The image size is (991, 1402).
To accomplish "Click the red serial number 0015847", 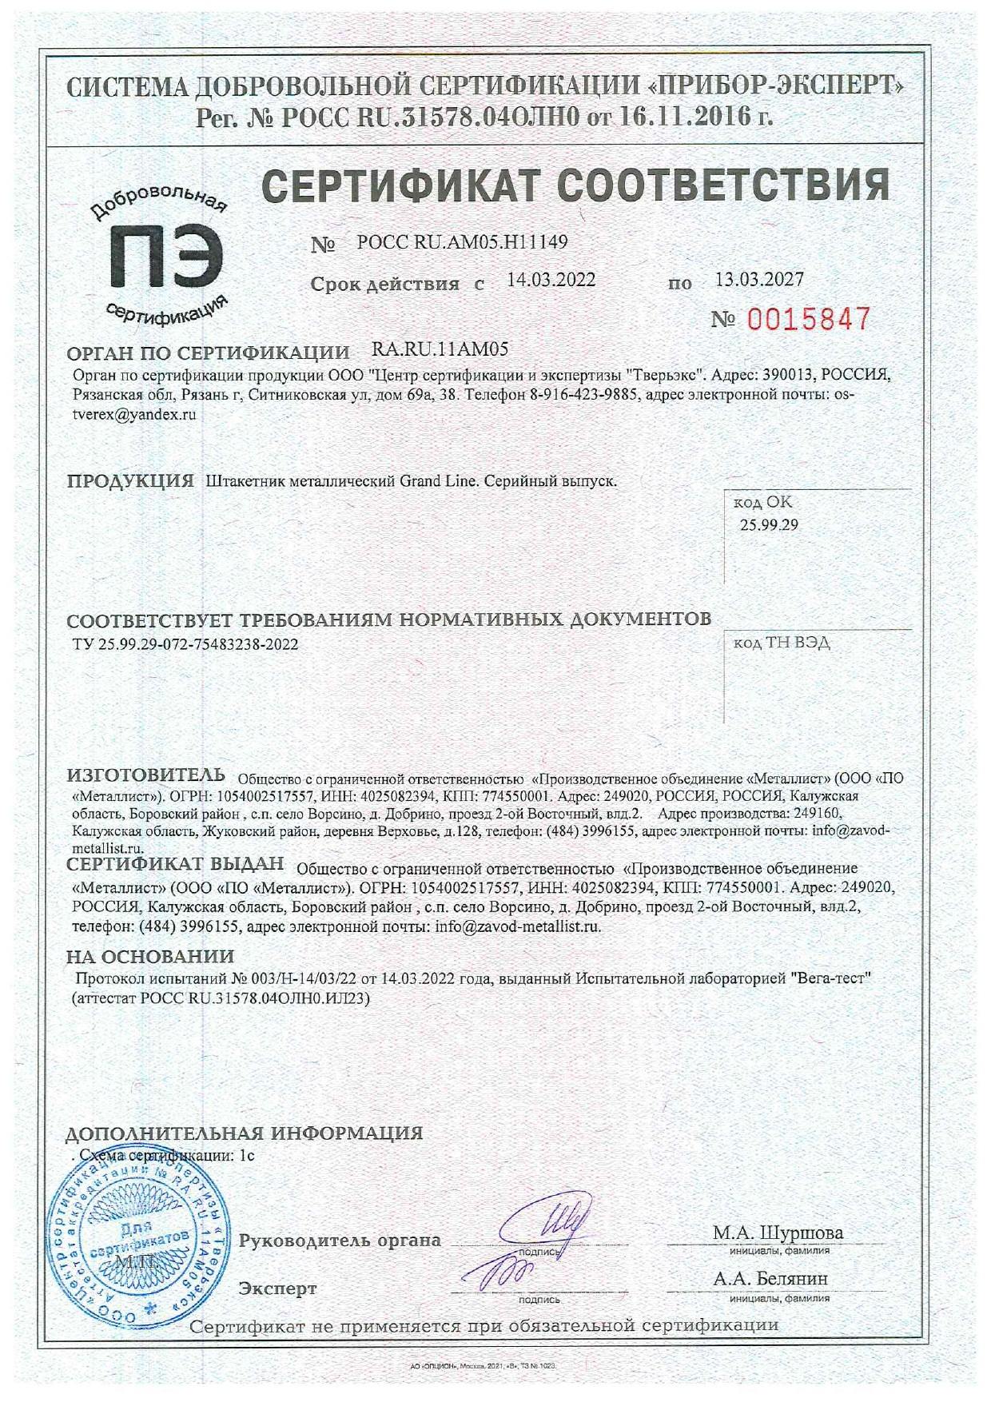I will point(808,320).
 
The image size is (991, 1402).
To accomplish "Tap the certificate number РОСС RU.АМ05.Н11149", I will point(462,241).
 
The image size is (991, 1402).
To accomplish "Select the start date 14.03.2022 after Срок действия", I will point(551,280).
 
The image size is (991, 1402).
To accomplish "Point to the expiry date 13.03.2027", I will point(759,279).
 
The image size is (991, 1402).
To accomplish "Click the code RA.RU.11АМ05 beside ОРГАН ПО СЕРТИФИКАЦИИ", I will point(440,349).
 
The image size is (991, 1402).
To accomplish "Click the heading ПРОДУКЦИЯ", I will point(130,481).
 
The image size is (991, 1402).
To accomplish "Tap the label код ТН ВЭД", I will point(782,643).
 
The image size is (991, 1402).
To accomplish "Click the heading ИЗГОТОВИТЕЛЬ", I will point(146,775).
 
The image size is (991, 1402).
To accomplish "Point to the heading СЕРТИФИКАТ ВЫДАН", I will point(175,864).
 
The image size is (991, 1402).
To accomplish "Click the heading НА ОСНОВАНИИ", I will point(150,957).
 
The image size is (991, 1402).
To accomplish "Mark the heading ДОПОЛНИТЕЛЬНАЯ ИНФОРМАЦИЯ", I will point(244,1133).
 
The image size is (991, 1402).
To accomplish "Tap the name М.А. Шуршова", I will point(778,1233).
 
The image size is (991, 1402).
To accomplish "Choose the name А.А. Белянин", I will point(770,1279).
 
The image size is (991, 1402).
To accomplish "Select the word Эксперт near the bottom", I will point(278,1288).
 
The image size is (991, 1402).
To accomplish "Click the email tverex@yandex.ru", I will point(133,415).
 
